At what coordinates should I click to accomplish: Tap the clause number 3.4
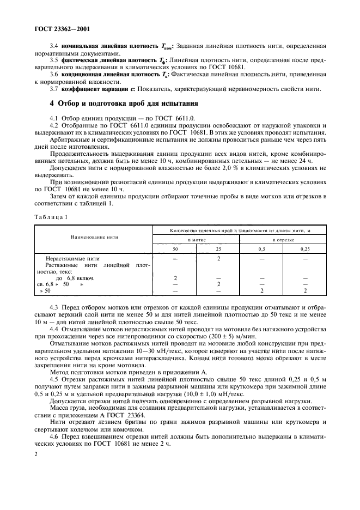pyautogui.click(x=54, y=46)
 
